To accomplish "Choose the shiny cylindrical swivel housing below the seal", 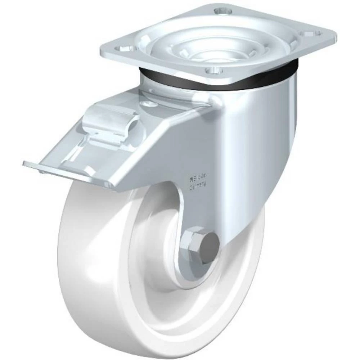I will (x=252, y=119).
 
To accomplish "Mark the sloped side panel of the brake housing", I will (x=162, y=151).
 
